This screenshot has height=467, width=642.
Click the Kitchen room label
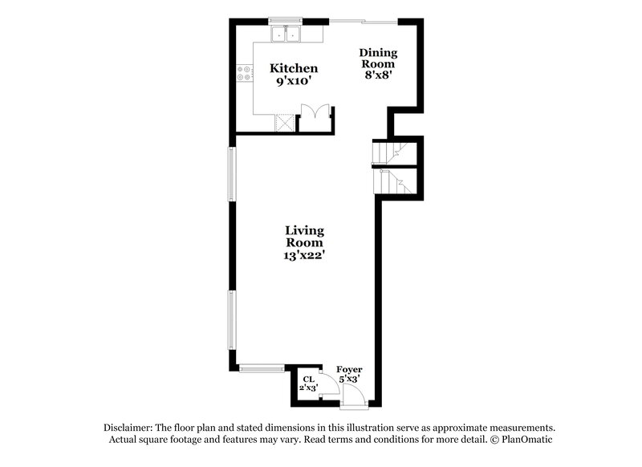click(x=293, y=69)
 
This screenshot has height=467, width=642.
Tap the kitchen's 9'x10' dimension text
click(x=293, y=81)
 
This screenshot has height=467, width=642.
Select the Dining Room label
click(x=378, y=58)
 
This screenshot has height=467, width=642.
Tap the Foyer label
click(x=348, y=369)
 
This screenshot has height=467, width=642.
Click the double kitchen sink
click(x=285, y=34)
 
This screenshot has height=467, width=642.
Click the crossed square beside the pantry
click(x=285, y=122)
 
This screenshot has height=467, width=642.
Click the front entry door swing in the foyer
click(x=353, y=392)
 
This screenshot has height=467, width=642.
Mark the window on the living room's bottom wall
click(x=262, y=368)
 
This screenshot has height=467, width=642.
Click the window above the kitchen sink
click(x=285, y=20)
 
